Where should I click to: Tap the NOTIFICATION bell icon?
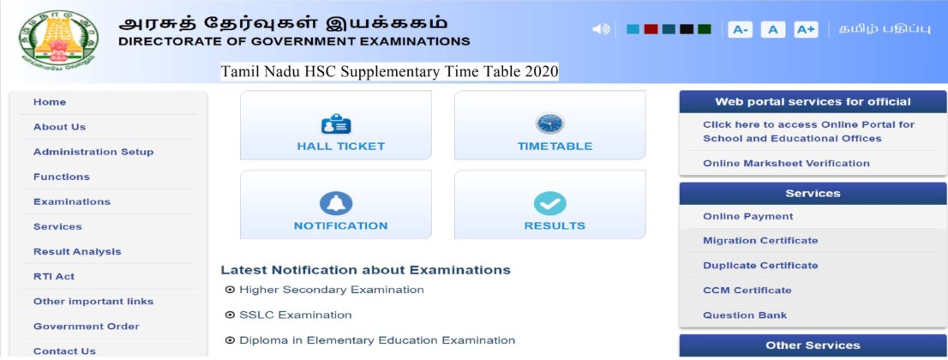[336, 203]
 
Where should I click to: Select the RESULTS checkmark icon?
[549, 203]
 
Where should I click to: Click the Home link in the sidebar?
[50, 102]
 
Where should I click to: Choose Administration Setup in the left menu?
[93, 152]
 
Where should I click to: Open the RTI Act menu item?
[54, 276]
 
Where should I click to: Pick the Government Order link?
[87, 326]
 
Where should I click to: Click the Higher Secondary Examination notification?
[331, 290]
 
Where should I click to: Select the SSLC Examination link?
[295, 315]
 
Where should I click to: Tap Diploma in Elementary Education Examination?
[377, 340]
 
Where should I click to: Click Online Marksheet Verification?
[786, 163]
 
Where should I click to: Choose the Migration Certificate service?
[760, 240]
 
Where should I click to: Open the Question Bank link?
[745, 315]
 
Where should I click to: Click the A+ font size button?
[806, 30]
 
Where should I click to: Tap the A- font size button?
[740, 30]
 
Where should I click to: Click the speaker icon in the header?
[601, 29]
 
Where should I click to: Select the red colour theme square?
[651, 29]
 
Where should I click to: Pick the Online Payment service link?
[748, 216]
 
